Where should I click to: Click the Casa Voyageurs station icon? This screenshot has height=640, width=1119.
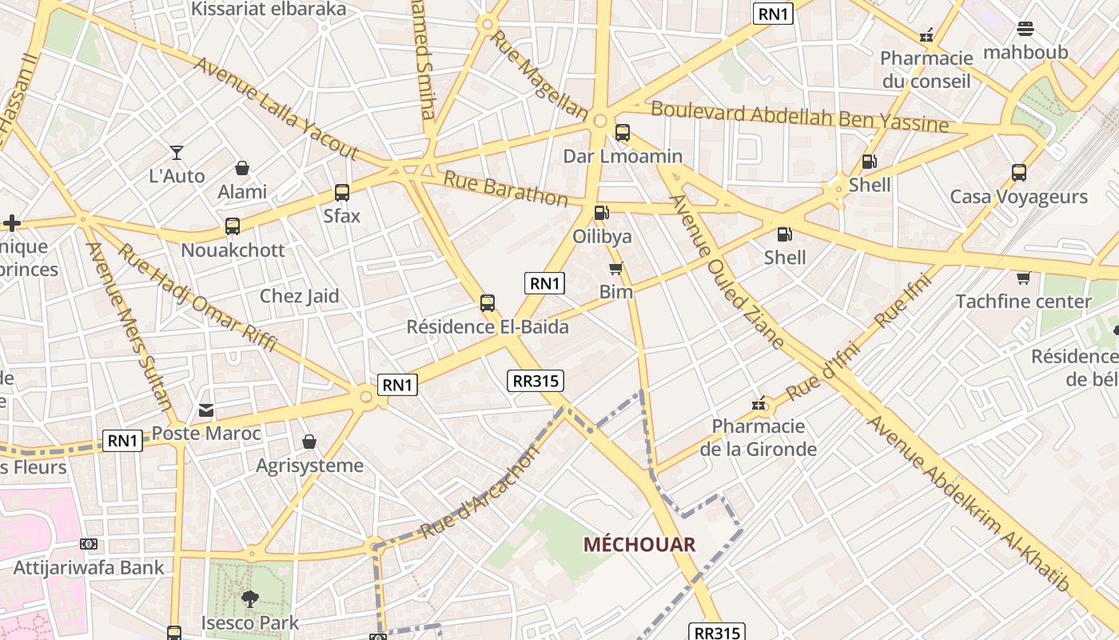pos(1018,172)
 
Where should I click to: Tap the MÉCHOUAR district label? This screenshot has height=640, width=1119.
pos(639,545)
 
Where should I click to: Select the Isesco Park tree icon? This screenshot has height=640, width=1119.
pos(249,598)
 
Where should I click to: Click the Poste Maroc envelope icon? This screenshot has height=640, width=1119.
pos(206,410)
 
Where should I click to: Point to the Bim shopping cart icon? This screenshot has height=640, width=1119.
pos(615,269)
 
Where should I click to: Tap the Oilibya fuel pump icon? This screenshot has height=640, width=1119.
pos(601,213)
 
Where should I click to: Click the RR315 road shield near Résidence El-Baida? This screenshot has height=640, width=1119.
pos(535,381)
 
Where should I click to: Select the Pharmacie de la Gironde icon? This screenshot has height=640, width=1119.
pos(759,403)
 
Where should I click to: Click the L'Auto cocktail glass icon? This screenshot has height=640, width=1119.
pos(177,152)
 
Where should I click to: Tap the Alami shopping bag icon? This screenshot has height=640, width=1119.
pos(242,168)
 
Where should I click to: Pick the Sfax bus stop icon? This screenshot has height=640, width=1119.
pos(342,193)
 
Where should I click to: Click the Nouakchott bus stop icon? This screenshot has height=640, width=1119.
pos(233,226)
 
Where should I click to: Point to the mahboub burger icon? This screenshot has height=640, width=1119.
pos(1025,30)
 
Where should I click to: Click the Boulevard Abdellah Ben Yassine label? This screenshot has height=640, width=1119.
pos(799,117)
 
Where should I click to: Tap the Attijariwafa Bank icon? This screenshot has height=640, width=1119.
pos(89,544)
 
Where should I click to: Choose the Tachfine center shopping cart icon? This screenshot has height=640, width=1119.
pos(1023,278)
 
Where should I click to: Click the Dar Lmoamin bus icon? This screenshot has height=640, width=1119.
pos(623,133)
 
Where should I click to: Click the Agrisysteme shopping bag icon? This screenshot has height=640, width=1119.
pos(309,442)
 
